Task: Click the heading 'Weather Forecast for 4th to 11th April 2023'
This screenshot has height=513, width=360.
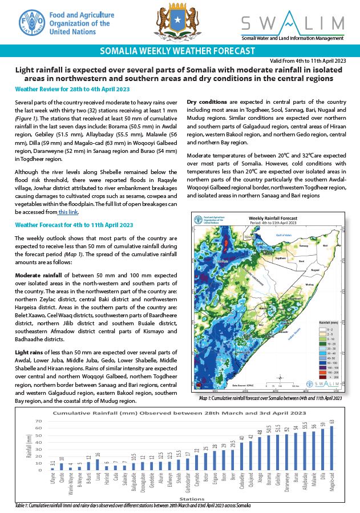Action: point(74,225)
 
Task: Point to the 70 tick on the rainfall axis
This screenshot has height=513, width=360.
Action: point(39,422)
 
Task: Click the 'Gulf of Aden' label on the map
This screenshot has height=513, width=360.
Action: point(284,235)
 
